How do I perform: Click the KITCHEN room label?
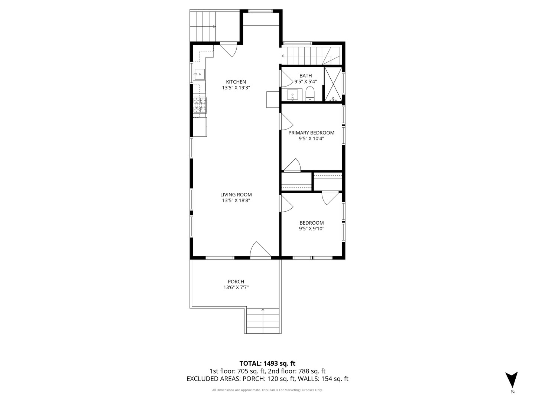coord(236,82)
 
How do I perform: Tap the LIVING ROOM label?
coord(236,195)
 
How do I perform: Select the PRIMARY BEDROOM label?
coord(311,133)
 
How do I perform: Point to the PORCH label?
coord(236,282)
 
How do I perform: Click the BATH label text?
coord(306,76)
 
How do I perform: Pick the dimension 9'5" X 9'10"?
coord(312,229)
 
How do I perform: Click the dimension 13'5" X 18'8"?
coord(236,200)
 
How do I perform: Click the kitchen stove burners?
coord(200,105)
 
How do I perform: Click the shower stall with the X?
coord(333,85)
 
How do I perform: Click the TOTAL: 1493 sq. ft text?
coord(267,363)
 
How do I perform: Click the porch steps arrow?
coord(263,310)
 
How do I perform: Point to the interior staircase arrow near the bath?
coord(283,56)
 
